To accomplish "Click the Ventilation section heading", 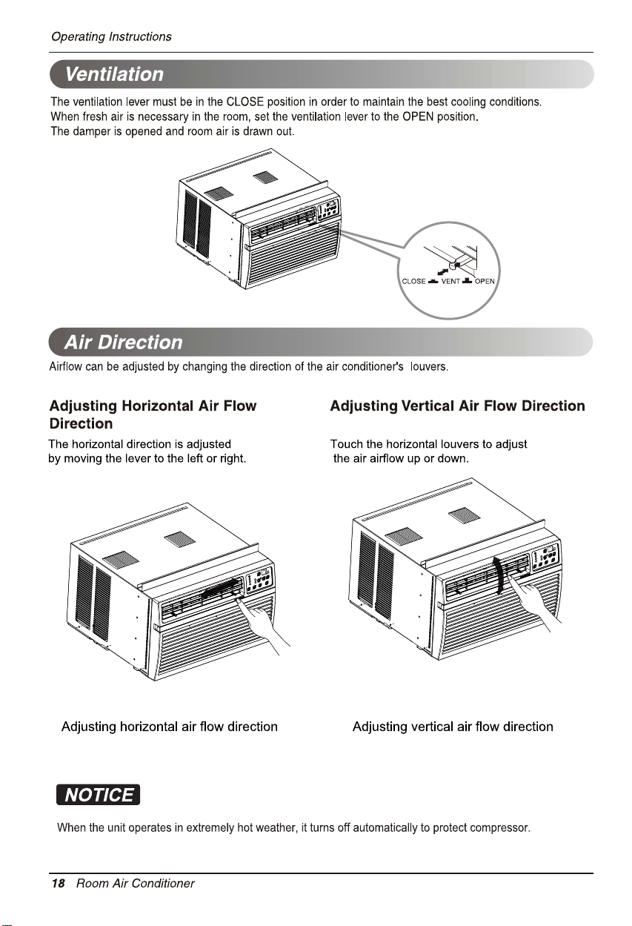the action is pyautogui.click(x=114, y=74).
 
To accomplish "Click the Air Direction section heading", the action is pyautogui.click(x=123, y=343).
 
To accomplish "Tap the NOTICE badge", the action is pyautogui.click(x=99, y=795).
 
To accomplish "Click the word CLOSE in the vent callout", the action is pyautogui.click(x=413, y=282).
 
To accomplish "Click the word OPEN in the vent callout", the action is pyautogui.click(x=485, y=282).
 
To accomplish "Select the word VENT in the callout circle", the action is pyautogui.click(x=450, y=282).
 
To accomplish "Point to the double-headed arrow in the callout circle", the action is pyautogui.click(x=443, y=271).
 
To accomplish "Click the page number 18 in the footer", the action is pyautogui.click(x=59, y=884).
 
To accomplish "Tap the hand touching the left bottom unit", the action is pyautogui.click(x=262, y=624).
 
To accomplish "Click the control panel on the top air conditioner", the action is pyautogui.click(x=328, y=210).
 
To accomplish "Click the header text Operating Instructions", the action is pyautogui.click(x=111, y=37).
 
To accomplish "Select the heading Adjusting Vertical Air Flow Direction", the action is pyautogui.click(x=457, y=406).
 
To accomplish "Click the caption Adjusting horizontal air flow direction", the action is pyautogui.click(x=170, y=727).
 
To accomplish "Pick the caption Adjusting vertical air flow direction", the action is pyautogui.click(x=453, y=727).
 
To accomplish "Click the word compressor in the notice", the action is pyautogui.click(x=500, y=828).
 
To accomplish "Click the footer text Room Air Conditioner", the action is pyautogui.click(x=136, y=884).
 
